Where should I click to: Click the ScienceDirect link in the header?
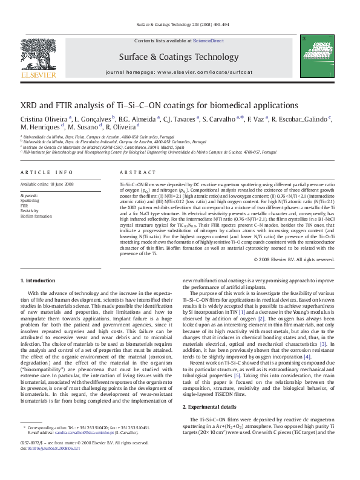click(x=208, y=40)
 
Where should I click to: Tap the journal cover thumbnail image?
click(x=321, y=59)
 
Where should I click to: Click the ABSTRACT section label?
click(x=134, y=172)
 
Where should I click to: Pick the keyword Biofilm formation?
click(x=36, y=215)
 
